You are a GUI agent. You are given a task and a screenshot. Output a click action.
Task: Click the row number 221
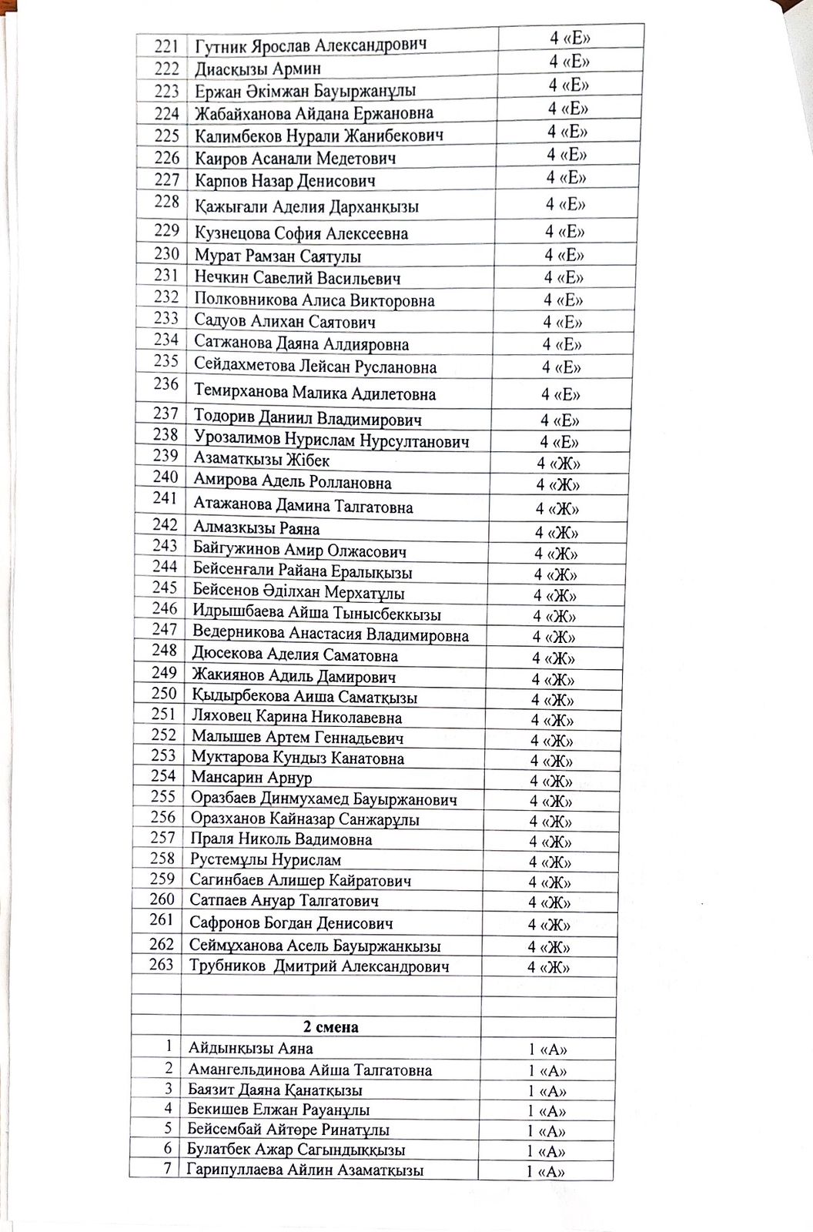(x=166, y=45)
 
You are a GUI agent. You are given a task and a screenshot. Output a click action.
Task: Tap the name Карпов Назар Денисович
(x=285, y=182)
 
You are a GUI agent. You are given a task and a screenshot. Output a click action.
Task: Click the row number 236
(x=166, y=383)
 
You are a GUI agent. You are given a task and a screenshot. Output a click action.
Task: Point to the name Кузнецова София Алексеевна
(x=301, y=233)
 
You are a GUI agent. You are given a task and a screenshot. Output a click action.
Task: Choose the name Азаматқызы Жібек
(x=262, y=460)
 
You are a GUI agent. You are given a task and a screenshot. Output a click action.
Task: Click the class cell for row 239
(x=558, y=464)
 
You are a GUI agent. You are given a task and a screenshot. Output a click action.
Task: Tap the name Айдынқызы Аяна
(x=251, y=1049)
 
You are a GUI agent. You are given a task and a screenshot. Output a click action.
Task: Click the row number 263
(x=161, y=965)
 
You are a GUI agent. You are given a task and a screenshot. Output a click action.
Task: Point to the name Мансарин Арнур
(x=252, y=778)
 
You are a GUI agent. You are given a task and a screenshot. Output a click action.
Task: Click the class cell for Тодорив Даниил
(x=560, y=420)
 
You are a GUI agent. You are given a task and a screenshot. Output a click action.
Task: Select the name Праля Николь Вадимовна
(x=282, y=840)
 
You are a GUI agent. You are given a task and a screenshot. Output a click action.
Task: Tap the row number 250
(x=164, y=695)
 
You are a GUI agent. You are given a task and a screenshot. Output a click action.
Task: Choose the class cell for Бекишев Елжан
(x=547, y=1111)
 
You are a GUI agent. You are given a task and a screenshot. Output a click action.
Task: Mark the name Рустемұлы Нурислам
(x=266, y=860)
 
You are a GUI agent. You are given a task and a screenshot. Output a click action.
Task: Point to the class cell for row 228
(x=566, y=205)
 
